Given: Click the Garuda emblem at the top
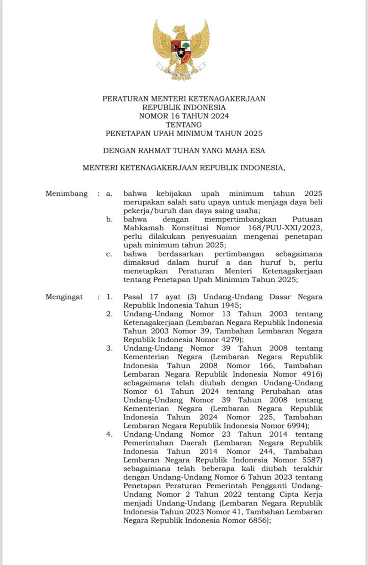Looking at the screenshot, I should tap(181, 49).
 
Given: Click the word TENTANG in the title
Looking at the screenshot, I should tap(184, 125).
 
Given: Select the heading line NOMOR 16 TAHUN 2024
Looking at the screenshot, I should tap(184, 116).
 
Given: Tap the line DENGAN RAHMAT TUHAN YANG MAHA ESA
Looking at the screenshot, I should tap(184, 151).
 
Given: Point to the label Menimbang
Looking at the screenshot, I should tap(66, 194).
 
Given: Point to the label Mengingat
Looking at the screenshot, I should tap(64, 297).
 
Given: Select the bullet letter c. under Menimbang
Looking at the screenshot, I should tap(109, 254).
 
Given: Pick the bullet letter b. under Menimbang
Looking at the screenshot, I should tap(109, 219).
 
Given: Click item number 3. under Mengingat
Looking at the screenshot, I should tap(109, 348).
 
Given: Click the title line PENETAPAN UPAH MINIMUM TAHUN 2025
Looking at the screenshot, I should tap(184, 134).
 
